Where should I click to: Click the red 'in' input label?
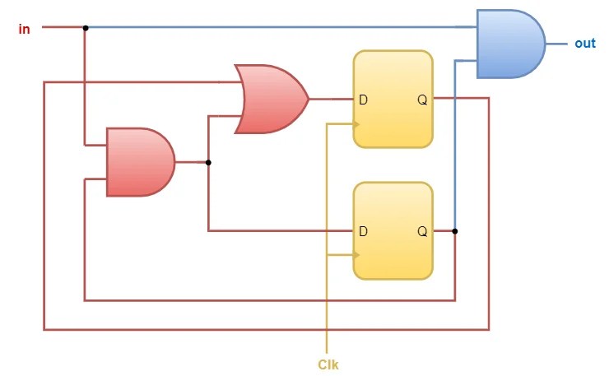click(x=25, y=30)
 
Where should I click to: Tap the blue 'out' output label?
click(x=584, y=44)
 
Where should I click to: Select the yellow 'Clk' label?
click(x=328, y=364)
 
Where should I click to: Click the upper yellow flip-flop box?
click(x=393, y=100)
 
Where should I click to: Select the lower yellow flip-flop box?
click(x=393, y=231)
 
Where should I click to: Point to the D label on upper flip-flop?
click(x=363, y=100)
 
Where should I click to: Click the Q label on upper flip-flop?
click(x=422, y=100)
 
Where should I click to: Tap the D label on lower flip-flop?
click(x=363, y=232)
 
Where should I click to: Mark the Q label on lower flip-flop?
click(x=422, y=232)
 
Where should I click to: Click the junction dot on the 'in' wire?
click(x=85, y=28)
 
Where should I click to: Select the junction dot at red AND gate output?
click(x=208, y=162)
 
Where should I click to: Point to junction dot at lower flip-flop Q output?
click(x=455, y=231)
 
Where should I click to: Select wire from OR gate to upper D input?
click(x=331, y=100)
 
